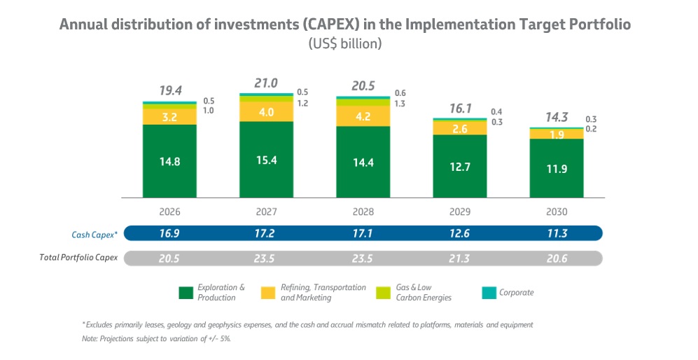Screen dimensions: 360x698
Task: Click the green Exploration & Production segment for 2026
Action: pyautogui.click(x=169, y=161)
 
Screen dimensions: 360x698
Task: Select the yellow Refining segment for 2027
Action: pyautogui.click(x=266, y=112)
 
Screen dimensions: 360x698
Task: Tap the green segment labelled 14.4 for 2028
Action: pyautogui.click(x=363, y=162)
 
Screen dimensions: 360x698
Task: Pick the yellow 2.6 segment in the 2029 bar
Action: pyautogui.click(x=459, y=128)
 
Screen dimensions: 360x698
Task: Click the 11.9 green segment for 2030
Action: pyautogui.click(x=556, y=168)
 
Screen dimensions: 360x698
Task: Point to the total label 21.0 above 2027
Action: pyautogui.click(x=265, y=83)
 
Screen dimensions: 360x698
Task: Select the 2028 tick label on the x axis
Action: pyautogui.click(x=363, y=212)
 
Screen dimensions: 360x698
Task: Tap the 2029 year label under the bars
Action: pyautogui.click(x=459, y=212)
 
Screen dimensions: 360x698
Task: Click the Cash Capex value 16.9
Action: pyautogui.click(x=169, y=233)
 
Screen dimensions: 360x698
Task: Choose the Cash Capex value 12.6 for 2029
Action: pyautogui.click(x=459, y=233)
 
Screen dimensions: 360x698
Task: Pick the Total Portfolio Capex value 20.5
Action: pyautogui.click(x=169, y=258)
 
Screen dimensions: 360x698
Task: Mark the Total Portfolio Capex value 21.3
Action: pyautogui.click(x=459, y=258)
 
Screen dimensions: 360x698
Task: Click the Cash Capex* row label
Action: pyautogui.click(x=93, y=234)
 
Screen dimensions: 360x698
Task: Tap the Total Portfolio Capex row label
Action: pyautogui.click(x=78, y=258)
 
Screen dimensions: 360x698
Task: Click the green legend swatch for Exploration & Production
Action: pyautogui.click(x=186, y=293)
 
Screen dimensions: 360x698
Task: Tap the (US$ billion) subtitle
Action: pyautogui.click(x=344, y=43)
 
